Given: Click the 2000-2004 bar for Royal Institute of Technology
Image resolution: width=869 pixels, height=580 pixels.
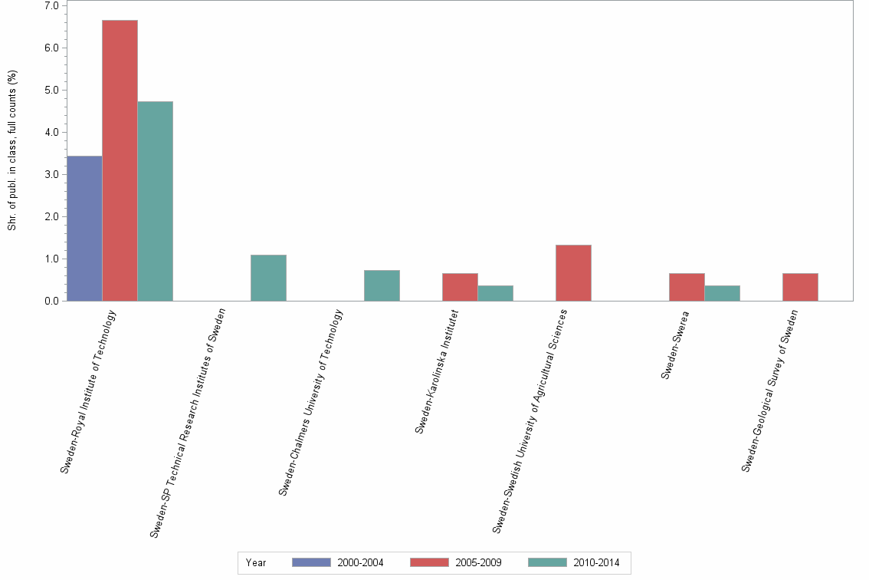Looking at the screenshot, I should click(x=84, y=229).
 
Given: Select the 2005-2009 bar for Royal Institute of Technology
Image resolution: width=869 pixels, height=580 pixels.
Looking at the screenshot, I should click(x=120, y=160).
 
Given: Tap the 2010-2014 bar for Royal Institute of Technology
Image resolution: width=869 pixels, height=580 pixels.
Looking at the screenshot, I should click(x=155, y=201).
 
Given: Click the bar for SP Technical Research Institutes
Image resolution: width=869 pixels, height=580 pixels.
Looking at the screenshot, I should click(x=268, y=278).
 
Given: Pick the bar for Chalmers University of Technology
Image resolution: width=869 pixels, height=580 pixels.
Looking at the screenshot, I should click(x=382, y=285).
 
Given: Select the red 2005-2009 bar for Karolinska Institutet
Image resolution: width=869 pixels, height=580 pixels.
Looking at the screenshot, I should click(x=460, y=287).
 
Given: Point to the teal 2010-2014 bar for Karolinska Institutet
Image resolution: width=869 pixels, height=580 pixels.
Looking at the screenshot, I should click(x=495, y=293).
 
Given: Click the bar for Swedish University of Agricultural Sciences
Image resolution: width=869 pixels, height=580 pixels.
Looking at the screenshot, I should click(x=573, y=273).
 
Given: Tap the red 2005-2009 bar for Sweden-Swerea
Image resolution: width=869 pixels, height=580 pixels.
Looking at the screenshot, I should click(x=687, y=287).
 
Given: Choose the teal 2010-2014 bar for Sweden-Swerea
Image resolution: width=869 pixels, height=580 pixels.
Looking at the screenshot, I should click(x=722, y=293).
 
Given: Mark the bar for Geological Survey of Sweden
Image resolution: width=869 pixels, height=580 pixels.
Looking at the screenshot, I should click(x=800, y=287).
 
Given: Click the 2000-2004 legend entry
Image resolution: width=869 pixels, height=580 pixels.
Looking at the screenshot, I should click(x=338, y=562).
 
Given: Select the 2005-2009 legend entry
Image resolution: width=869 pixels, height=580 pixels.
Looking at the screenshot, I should click(x=456, y=562).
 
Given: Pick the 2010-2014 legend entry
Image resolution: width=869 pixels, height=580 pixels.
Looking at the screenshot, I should click(x=574, y=562).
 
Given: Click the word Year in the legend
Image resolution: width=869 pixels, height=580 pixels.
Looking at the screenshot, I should click(x=256, y=563).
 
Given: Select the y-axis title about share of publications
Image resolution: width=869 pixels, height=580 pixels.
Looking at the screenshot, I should click(x=12, y=150).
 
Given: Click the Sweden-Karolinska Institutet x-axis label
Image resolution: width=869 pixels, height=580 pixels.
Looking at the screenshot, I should click(x=437, y=371).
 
